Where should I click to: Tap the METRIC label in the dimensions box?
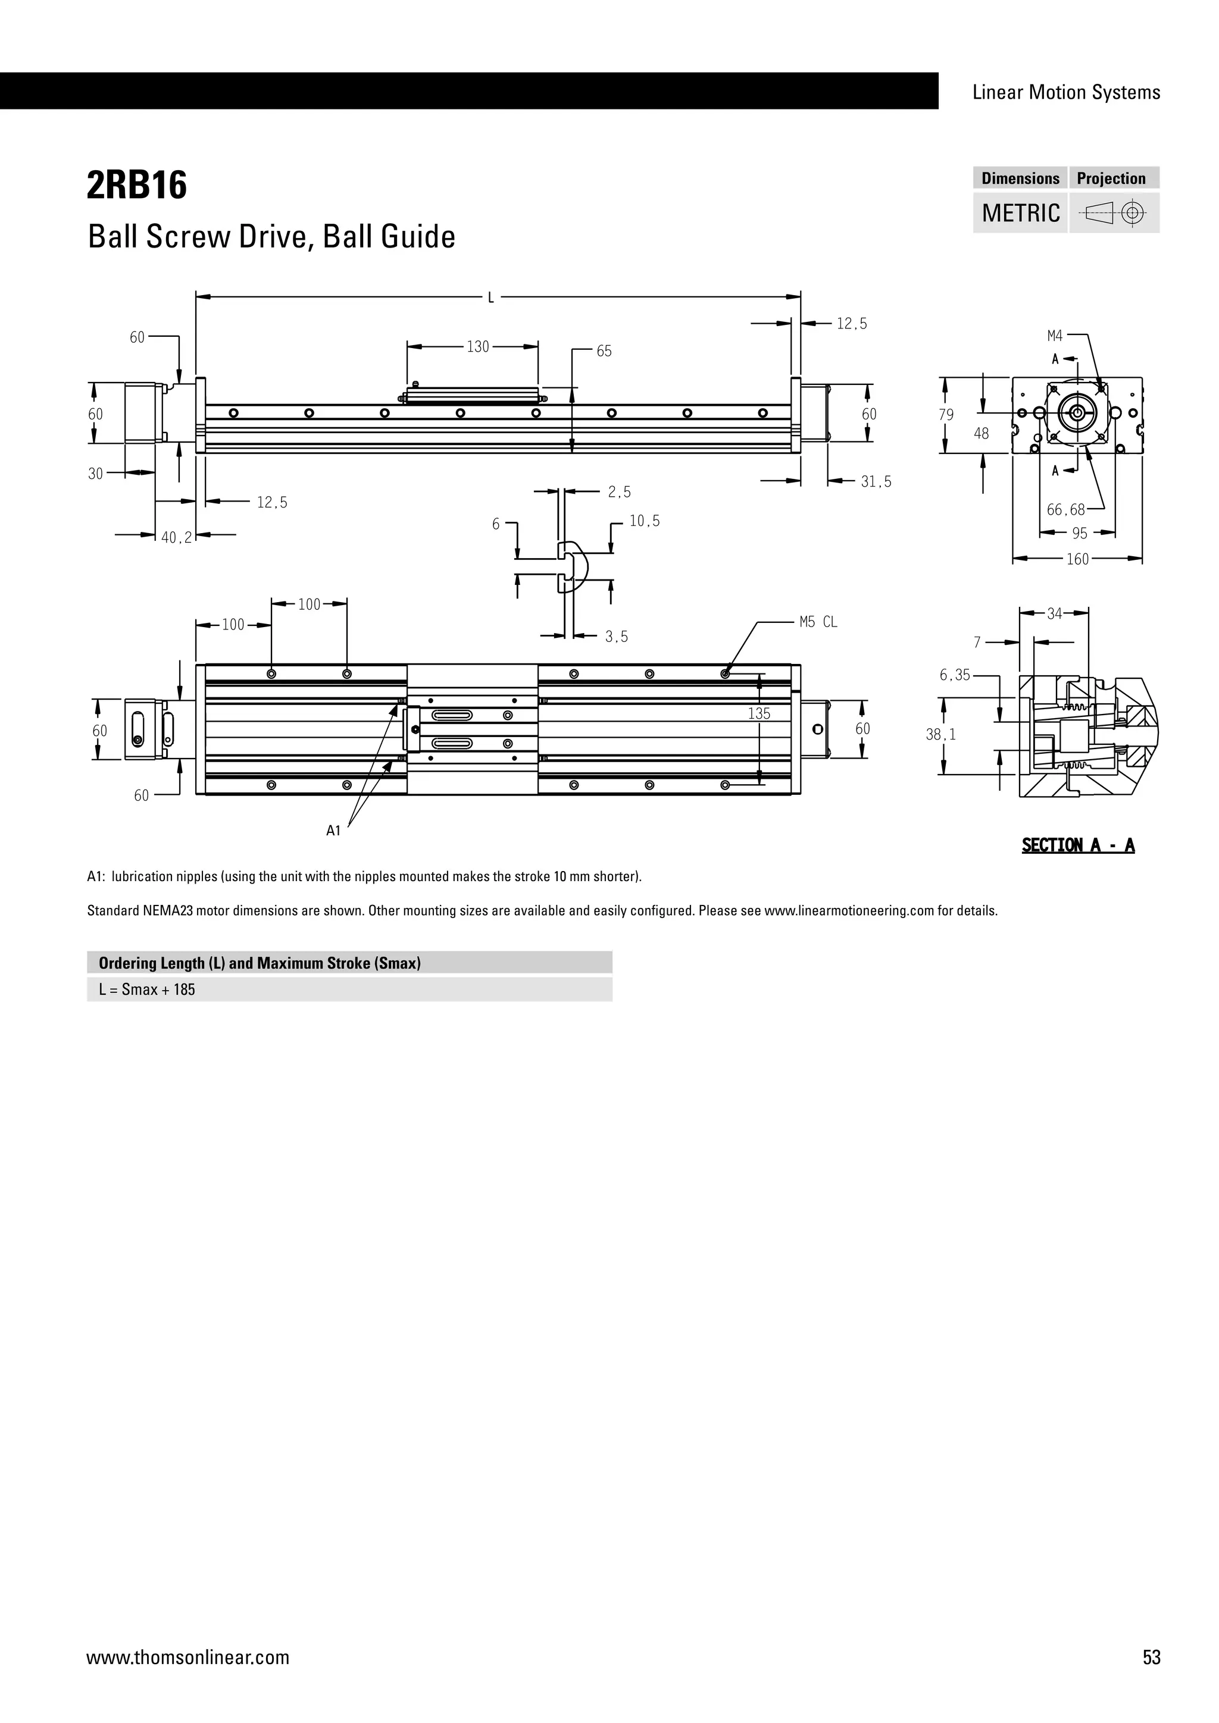tap(1020, 213)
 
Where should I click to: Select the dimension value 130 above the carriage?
tap(477, 347)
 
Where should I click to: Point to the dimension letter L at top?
tap(491, 298)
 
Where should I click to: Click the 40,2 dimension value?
tap(176, 537)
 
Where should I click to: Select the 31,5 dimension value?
tap(876, 482)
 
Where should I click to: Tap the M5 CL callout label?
tap(818, 622)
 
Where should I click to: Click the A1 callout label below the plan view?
tap(333, 831)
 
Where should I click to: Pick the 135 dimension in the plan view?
tap(759, 714)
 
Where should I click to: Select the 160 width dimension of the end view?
tap(1077, 559)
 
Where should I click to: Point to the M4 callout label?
tap(1055, 336)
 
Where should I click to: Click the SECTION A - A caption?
tap(1078, 846)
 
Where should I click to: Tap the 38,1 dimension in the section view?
tap(940, 735)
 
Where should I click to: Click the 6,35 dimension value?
tap(955, 675)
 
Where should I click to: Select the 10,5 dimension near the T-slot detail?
tap(644, 521)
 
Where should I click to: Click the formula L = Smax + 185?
tap(147, 990)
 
